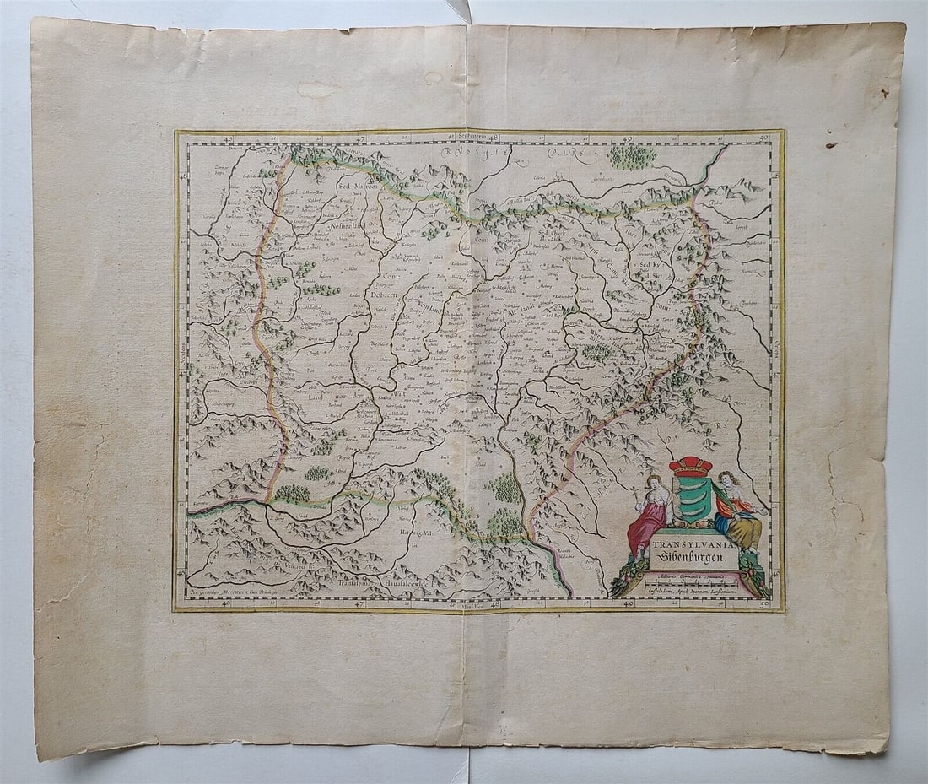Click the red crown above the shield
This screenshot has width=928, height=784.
point(691,467)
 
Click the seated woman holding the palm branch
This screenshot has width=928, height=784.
point(736,511)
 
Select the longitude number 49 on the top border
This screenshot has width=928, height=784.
point(627,138)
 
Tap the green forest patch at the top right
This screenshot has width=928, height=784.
point(632,156)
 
